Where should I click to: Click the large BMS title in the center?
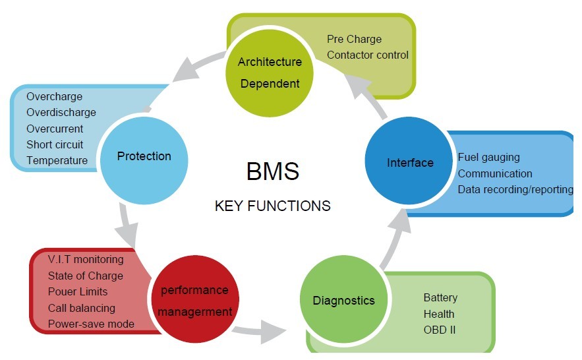coord(272,171)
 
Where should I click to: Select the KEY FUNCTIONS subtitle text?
coord(272,206)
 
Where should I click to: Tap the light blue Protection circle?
coord(144,157)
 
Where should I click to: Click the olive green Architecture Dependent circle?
coord(270,73)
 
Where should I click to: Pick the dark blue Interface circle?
coord(409,163)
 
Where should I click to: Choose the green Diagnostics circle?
coord(343,301)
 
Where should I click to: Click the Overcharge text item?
coord(55,97)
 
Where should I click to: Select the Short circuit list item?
coord(55,144)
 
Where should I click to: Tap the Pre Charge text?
coord(354,40)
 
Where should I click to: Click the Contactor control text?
coord(368,55)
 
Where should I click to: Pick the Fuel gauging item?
coord(488,158)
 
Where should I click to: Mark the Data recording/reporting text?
coord(515,190)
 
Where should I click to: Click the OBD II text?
coord(439,330)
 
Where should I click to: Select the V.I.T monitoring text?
coord(86,260)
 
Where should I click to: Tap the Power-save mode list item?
coord(91,324)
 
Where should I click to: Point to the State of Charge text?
coord(86,276)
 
